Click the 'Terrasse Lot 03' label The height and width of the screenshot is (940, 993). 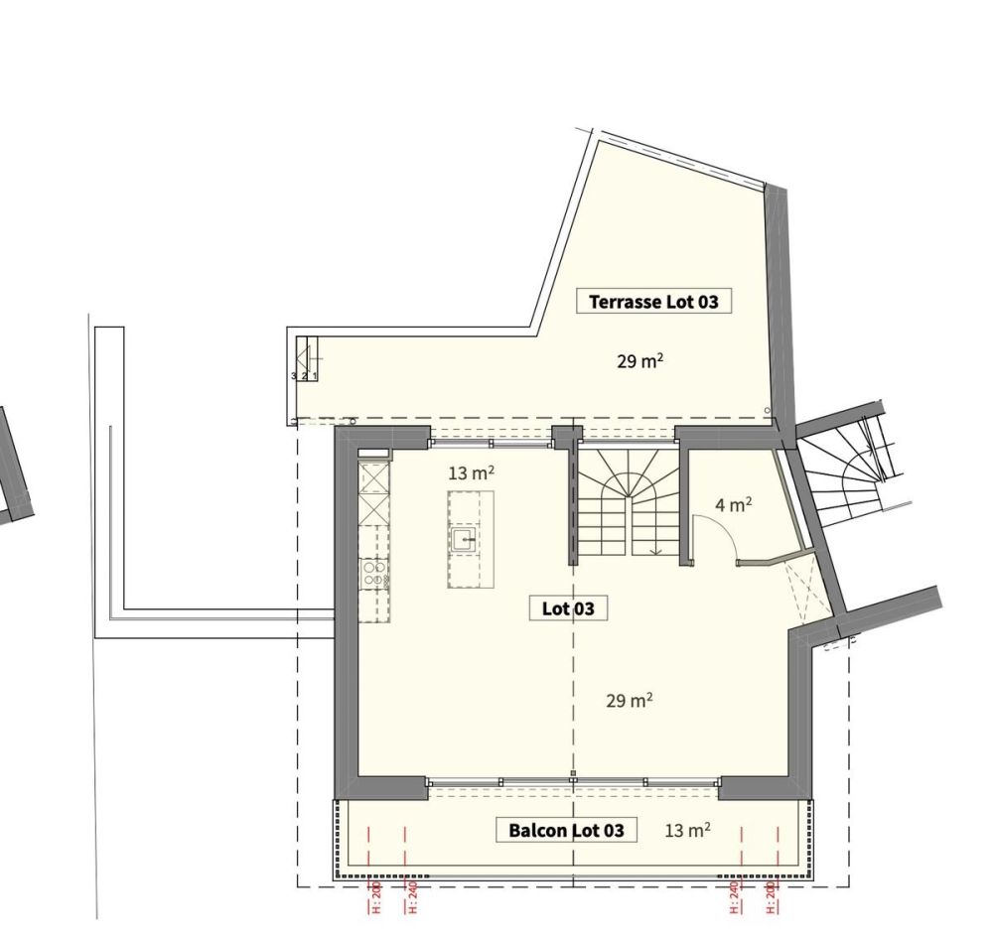[653, 301]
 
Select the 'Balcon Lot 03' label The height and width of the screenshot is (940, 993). [567, 830]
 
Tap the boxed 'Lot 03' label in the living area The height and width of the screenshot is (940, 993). [568, 608]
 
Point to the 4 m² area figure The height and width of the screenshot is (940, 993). [734, 505]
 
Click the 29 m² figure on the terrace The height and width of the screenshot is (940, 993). [639, 361]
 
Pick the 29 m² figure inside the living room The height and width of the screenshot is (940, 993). [629, 701]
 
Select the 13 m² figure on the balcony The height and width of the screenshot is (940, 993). [687, 830]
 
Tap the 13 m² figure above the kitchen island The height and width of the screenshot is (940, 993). [471, 473]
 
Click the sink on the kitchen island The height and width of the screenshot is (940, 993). [464, 540]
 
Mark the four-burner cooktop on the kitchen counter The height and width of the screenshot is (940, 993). [374, 573]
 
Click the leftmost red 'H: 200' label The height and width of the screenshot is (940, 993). [376, 895]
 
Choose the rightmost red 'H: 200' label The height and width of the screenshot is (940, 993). [772, 895]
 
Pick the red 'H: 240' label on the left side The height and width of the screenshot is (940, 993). [412, 895]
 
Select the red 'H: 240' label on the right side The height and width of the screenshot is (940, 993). [735, 895]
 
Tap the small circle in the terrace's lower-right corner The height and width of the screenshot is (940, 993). [767, 410]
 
